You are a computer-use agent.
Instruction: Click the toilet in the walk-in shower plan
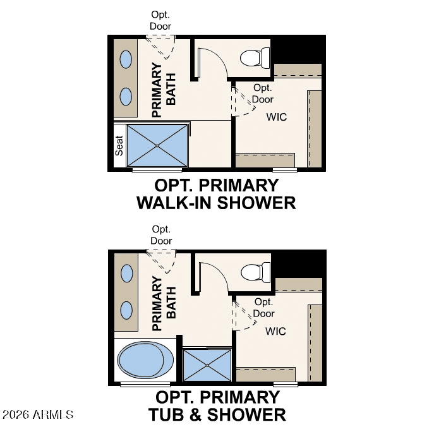[x=255, y=57]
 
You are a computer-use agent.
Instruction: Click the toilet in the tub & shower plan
[x=256, y=272]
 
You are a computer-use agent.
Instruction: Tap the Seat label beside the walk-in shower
[x=119, y=145]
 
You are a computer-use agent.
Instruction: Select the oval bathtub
[x=145, y=359]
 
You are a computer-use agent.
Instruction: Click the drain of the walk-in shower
[x=157, y=145]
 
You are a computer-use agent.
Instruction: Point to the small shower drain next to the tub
[x=207, y=365]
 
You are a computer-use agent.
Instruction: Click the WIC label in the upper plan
[x=277, y=117]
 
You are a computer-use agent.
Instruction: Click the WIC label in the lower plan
[x=275, y=331]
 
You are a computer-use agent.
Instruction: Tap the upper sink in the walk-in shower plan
[x=126, y=59]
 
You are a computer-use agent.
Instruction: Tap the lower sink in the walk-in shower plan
[x=126, y=97]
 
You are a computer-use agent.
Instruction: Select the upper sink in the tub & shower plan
[x=126, y=273]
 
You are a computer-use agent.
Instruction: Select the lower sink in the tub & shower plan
[x=126, y=310]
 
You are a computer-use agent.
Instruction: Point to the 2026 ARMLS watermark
[x=38, y=414]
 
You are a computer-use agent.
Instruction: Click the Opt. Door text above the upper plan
[x=160, y=20]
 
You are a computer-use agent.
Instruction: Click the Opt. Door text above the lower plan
[x=161, y=235]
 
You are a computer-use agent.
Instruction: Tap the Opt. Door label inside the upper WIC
[x=263, y=93]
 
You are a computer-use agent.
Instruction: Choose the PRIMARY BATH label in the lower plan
[x=164, y=303]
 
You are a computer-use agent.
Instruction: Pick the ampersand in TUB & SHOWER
[x=196, y=414]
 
